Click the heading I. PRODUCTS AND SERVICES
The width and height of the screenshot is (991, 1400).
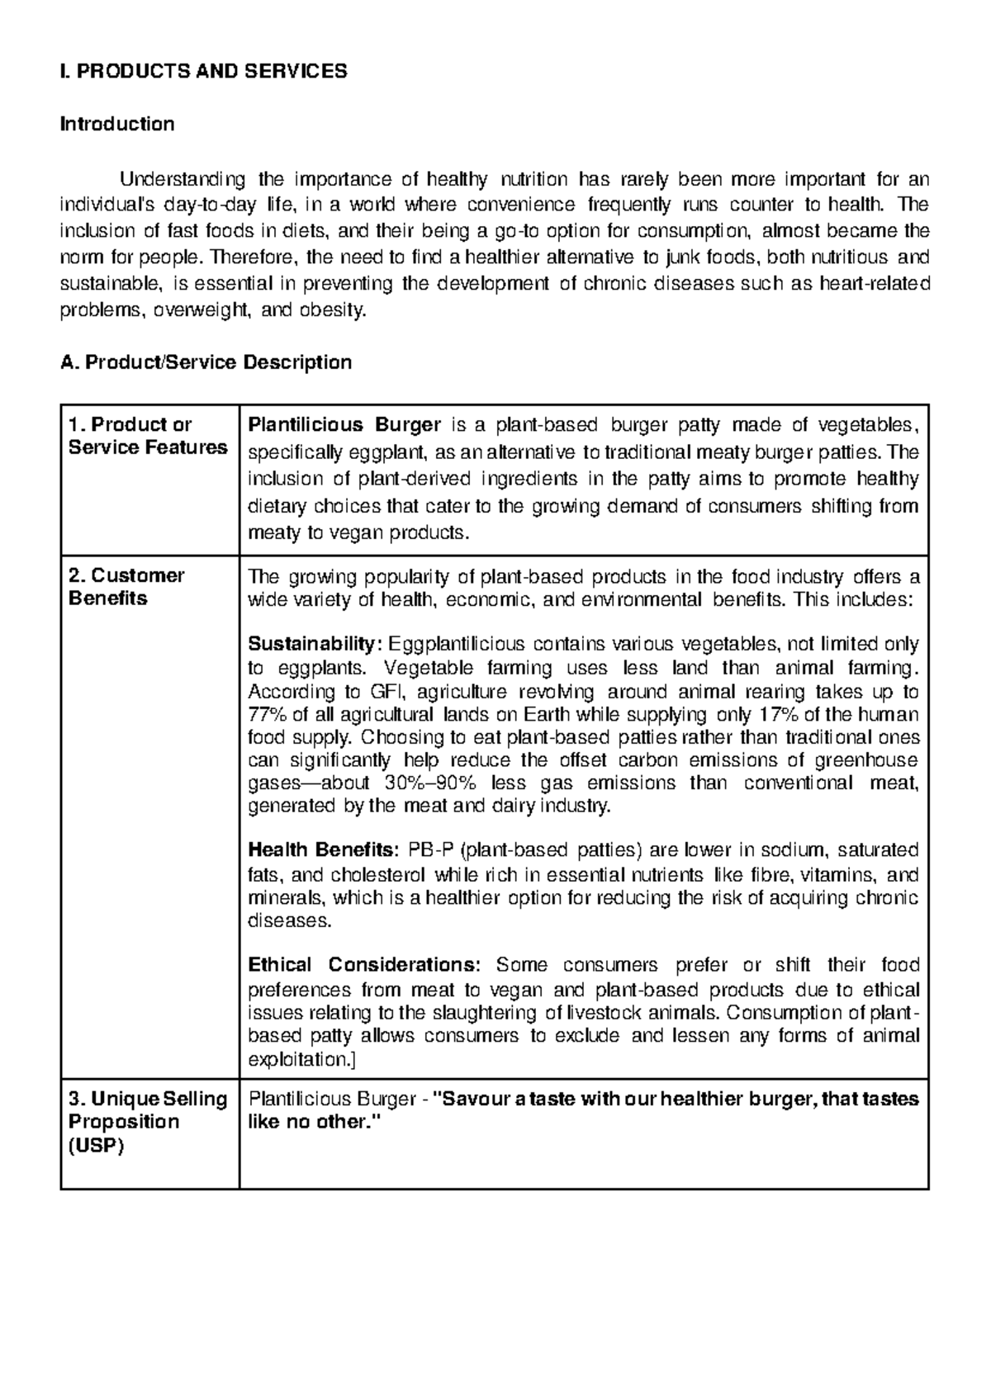point(203,71)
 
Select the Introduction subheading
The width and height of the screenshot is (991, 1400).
point(117,125)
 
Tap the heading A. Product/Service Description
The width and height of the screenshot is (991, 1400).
point(206,362)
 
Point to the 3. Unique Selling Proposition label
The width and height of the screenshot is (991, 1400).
point(147,1122)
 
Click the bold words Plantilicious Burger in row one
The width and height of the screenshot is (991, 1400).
point(344,425)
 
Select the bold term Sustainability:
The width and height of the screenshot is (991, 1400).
point(315,644)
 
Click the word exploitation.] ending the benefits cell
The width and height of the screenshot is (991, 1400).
point(301,1059)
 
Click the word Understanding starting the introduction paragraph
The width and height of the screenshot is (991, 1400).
point(183,179)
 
